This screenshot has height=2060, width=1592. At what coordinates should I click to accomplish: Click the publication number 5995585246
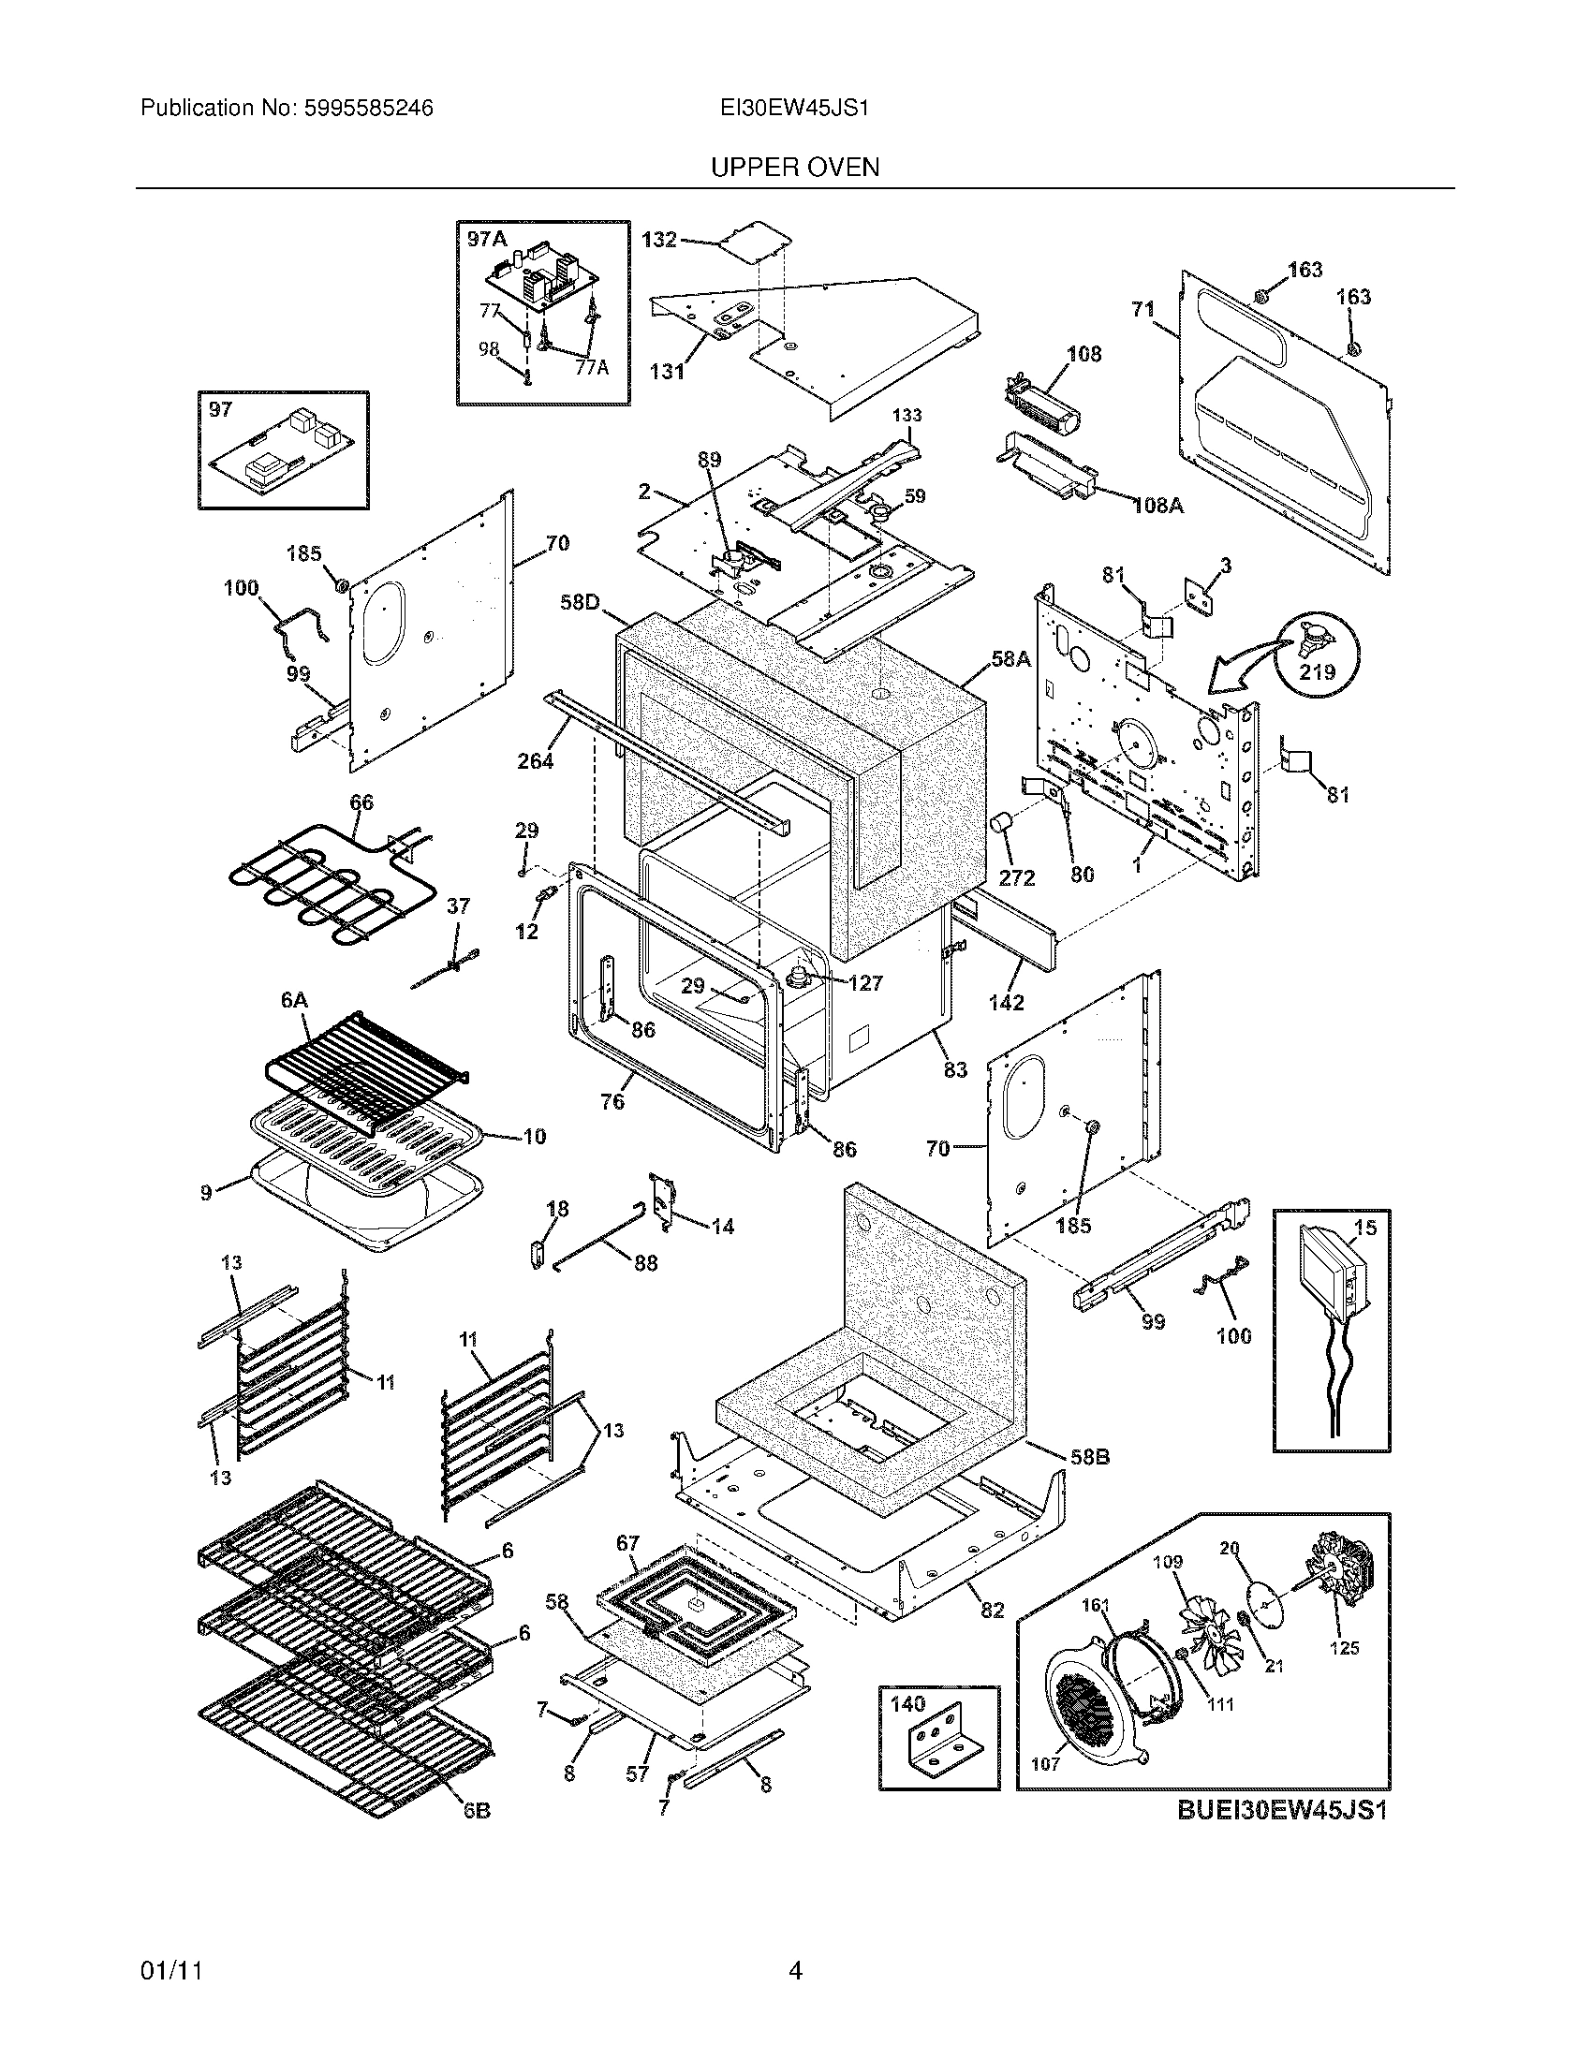(x=368, y=109)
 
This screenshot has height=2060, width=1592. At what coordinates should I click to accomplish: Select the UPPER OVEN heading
(x=794, y=168)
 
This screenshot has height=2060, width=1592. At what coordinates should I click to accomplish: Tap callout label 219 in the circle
(x=1317, y=672)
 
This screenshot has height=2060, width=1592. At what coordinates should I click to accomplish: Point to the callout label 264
(x=535, y=760)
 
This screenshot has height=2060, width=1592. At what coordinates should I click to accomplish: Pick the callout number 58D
(x=579, y=601)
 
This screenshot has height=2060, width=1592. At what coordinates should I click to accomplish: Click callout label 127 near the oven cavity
(x=864, y=983)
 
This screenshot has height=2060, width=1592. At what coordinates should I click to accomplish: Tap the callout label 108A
(x=1157, y=506)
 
